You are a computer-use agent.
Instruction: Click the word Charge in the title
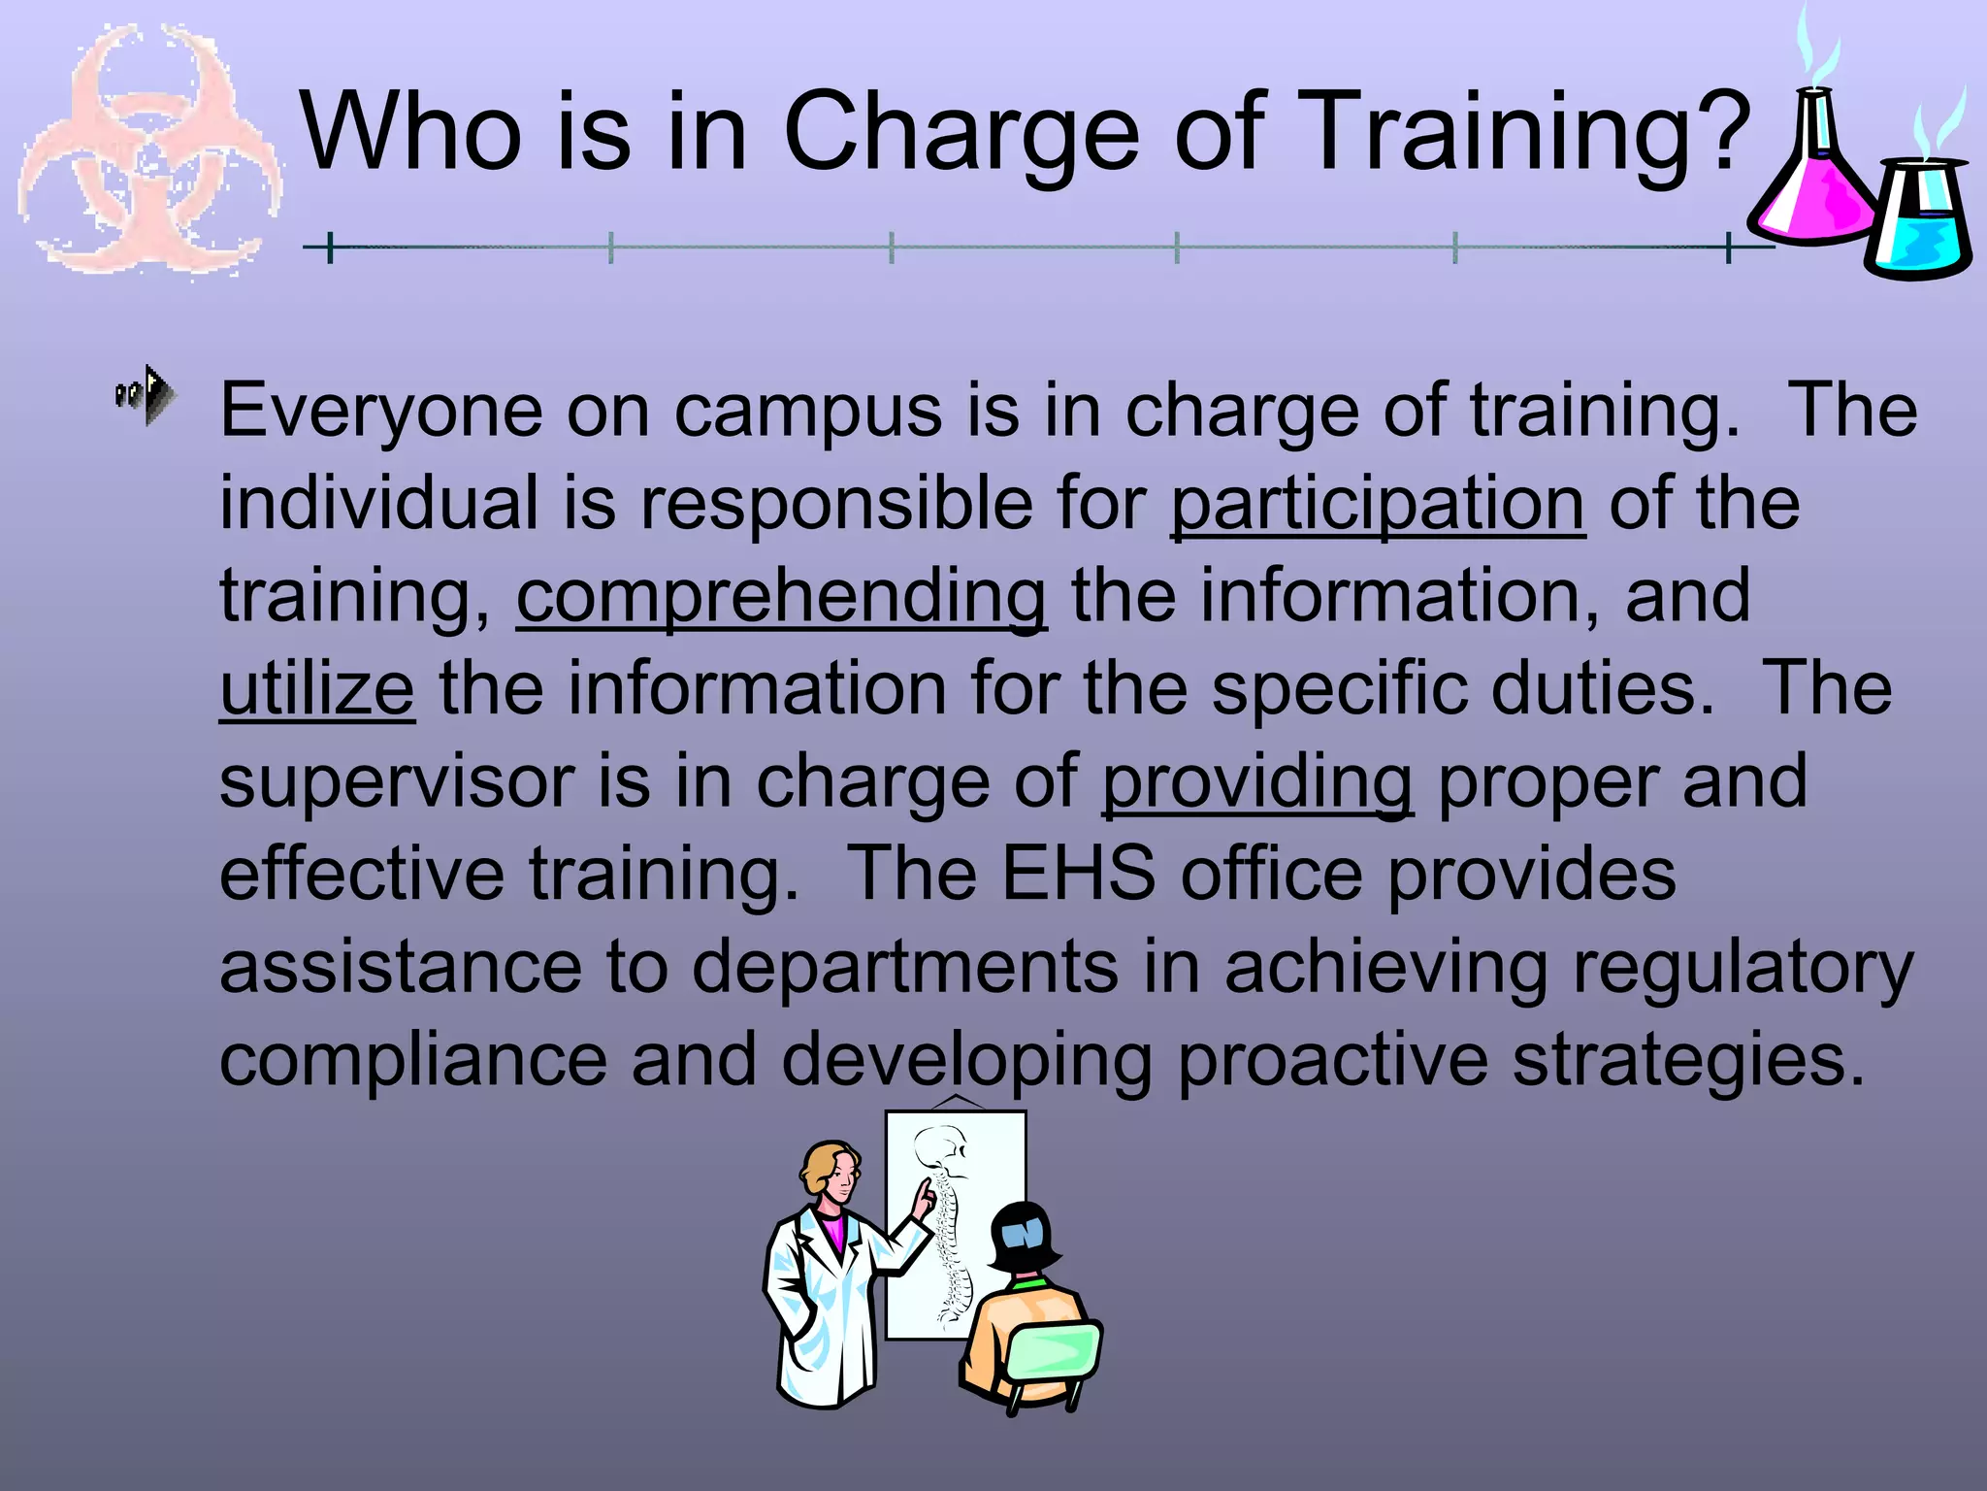tap(961, 133)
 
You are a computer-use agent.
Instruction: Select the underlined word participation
tap(1378, 505)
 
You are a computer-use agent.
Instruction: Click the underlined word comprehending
tap(781, 597)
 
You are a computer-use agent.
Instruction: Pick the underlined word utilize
tap(317, 689)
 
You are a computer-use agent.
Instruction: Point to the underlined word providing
tap(1257, 782)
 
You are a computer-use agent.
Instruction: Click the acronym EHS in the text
tap(1078, 874)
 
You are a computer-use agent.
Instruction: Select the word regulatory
tap(1743, 968)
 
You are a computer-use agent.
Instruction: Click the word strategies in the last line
tap(1688, 1060)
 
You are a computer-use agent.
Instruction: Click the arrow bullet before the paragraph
tap(147, 394)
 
